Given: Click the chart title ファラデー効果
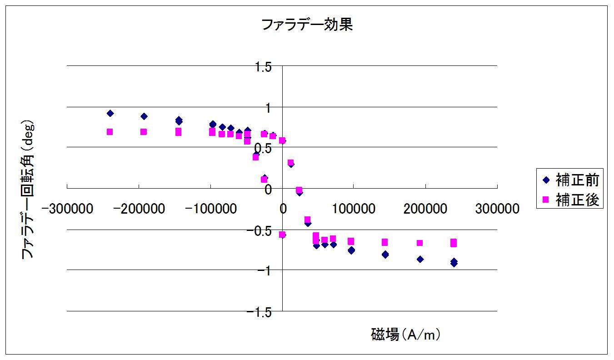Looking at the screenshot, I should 307,25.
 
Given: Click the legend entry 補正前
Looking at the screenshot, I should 576,180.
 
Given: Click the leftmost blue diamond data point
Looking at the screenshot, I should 110,113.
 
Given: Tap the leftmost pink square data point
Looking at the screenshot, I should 110,132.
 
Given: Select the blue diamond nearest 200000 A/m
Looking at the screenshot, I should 420,259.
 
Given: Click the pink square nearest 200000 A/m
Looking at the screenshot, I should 419,243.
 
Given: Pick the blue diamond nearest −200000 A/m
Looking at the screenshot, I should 144,116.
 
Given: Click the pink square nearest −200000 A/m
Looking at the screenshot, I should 144,132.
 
